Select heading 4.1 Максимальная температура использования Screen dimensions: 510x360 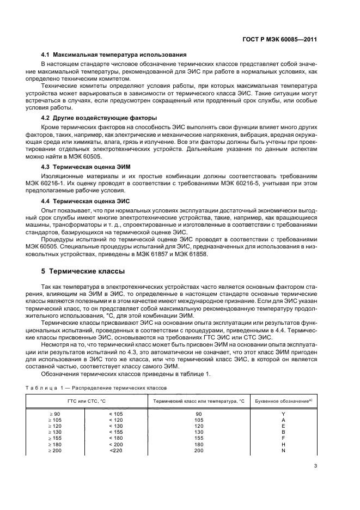pyautogui.click(x=114, y=55)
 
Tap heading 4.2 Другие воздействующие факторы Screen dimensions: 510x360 pyautogui.click(x=99, y=118)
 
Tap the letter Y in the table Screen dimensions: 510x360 pyautogui.click(x=283, y=414)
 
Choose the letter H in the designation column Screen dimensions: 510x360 pyautogui.click(x=283, y=444)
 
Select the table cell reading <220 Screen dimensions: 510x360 pyautogui.click(x=117, y=450)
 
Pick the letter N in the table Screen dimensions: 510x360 pyautogui.click(x=283, y=450)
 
